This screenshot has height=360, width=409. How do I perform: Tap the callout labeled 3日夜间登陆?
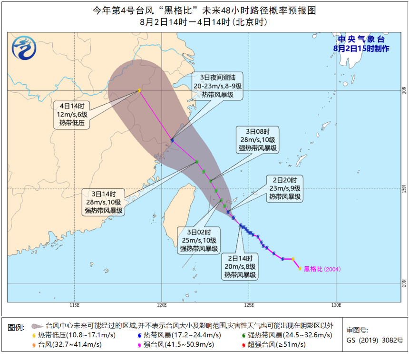point(218,86)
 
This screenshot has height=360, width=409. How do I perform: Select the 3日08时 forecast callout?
point(257,140)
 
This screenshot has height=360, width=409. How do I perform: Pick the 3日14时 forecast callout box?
point(104,202)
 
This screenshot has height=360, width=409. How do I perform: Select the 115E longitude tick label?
point(74,305)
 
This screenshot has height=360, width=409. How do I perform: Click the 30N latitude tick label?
point(404,90)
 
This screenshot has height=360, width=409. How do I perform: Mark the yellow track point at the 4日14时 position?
point(139,90)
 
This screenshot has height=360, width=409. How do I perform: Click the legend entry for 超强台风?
point(275,345)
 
